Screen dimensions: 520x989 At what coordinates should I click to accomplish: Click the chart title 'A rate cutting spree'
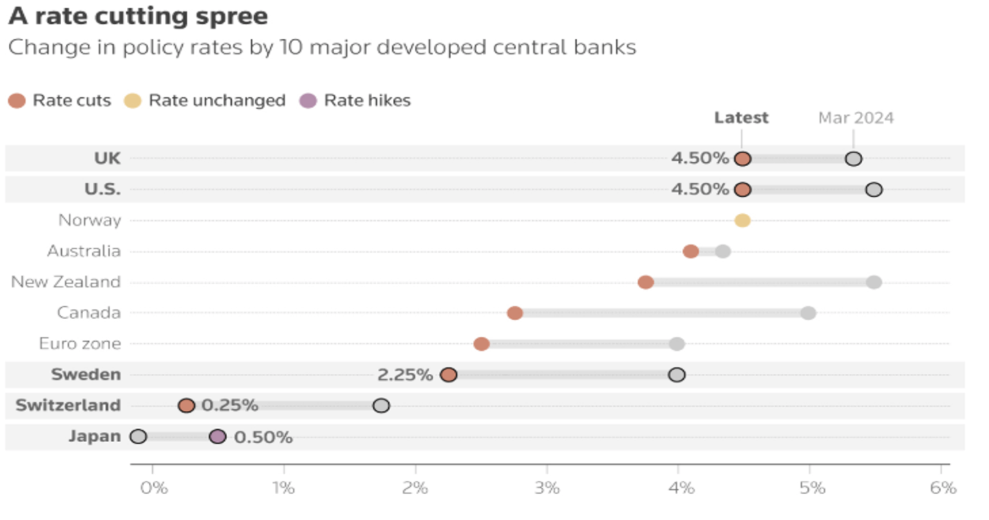pos(138,17)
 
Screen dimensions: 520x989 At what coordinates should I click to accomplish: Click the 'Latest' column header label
pos(741,118)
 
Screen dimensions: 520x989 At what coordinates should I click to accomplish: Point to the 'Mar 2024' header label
pos(856,118)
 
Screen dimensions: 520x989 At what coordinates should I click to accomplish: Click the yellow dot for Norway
pos(742,221)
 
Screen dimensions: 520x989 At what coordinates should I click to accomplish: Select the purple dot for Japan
pos(218,436)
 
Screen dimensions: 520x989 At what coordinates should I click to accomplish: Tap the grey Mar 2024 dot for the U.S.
pos(874,189)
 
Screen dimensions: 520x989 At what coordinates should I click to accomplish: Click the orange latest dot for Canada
pos(514,313)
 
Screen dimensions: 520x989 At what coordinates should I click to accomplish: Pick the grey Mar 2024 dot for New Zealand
pos(874,283)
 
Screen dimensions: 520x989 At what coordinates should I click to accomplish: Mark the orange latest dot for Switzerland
pos(186,405)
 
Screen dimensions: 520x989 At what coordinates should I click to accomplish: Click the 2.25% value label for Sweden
pos(405,375)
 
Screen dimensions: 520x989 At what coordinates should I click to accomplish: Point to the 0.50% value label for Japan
pos(263,437)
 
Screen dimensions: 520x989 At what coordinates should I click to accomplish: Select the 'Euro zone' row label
pos(80,344)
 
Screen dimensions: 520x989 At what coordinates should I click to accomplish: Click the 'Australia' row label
pos(84,251)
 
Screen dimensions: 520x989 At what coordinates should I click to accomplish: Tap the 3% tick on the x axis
pos(547,488)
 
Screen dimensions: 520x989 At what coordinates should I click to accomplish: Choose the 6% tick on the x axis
pos(943,488)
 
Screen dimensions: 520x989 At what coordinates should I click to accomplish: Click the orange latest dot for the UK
pos(742,159)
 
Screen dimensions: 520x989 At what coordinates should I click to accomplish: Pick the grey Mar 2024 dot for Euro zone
pos(676,344)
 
